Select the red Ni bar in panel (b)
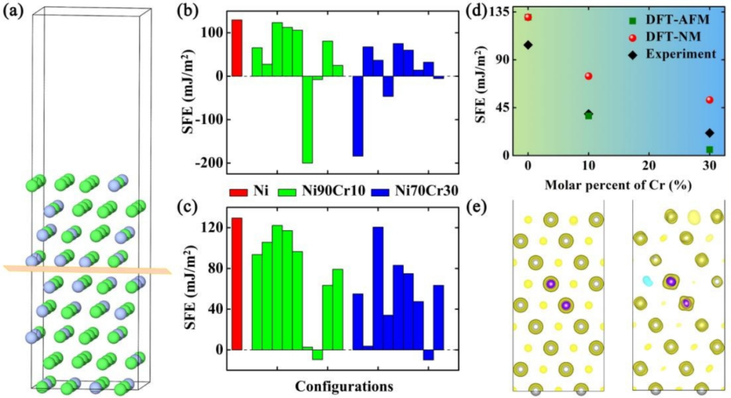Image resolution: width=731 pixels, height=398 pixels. pyautogui.click(x=237, y=47)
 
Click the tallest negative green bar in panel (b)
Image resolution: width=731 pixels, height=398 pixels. pyautogui.click(x=307, y=119)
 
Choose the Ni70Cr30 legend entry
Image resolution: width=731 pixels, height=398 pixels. pyautogui.click(x=409, y=192)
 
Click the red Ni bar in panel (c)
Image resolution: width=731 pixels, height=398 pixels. pyautogui.click(x=237, y=284)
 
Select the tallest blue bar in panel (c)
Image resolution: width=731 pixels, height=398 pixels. pyautogui.click(x=378, y=288)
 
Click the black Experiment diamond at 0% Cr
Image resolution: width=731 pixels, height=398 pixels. pyautogui.click(x=528, y=45)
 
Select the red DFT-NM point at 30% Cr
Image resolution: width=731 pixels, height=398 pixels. pyautogui.click(x=709, y=99)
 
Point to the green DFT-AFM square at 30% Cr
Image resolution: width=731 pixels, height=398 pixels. pyautogui.click(x=709, y=149)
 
